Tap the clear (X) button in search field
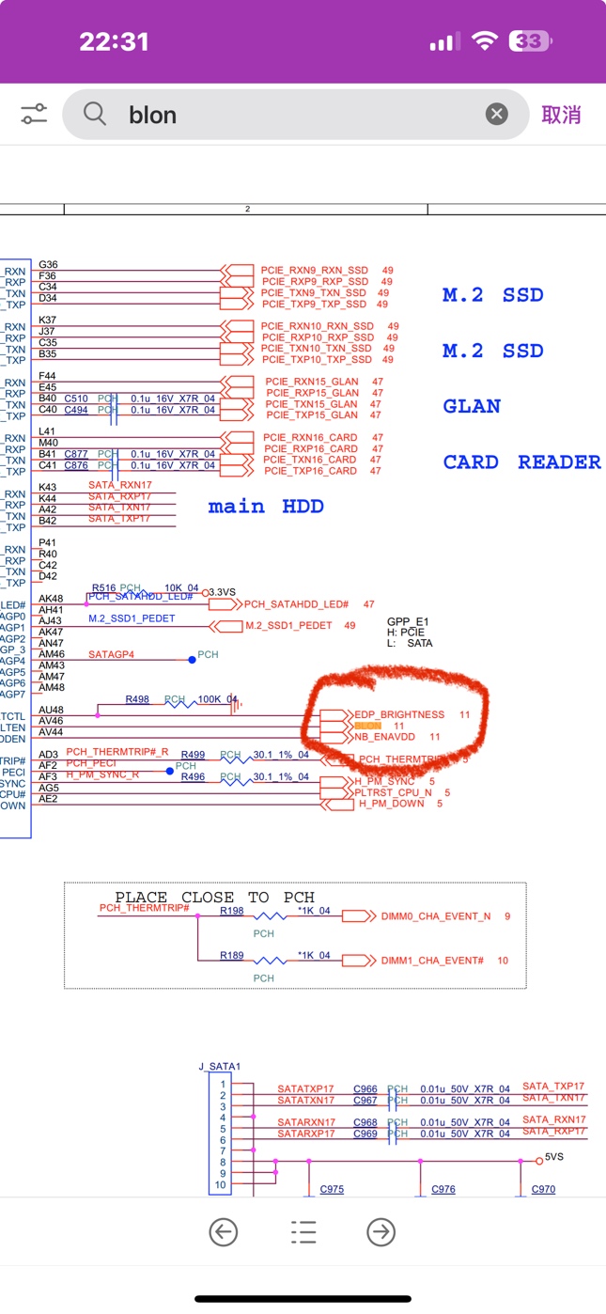pyautogui.click(x=496, y=115)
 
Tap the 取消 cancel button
pyautogui.click(x=561, y=115)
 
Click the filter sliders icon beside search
pyautogui.click(x=34, y=115)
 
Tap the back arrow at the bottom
pyautogui.click(x=224, y=1232)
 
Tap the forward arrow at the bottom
pyautogui.click(x=381, y=1232)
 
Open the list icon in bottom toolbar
pyautogui.click(x=303, y=1232)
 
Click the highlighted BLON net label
pyautogui.click(x=367, y=727)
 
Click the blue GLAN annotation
pyautogui.click(x=472, y=406)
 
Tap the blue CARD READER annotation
pyautogui.click(x=521, y=461)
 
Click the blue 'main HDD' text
pyautogui.click(x=266, y=507)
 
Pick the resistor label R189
pyautogui.click(x=232, y=956)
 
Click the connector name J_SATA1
pyautogui.click(x=220, y=1067)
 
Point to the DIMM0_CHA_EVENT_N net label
pyautogui.click(x=436, y=916)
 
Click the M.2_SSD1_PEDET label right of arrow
pyautogui.click(x=287, y=626)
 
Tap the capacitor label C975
pyautogui.click(x=332, y=1190)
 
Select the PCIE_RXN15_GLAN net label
pyautogui.click(x=312, y=382)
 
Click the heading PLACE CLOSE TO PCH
pyautogui.click(x=214, y=898)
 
